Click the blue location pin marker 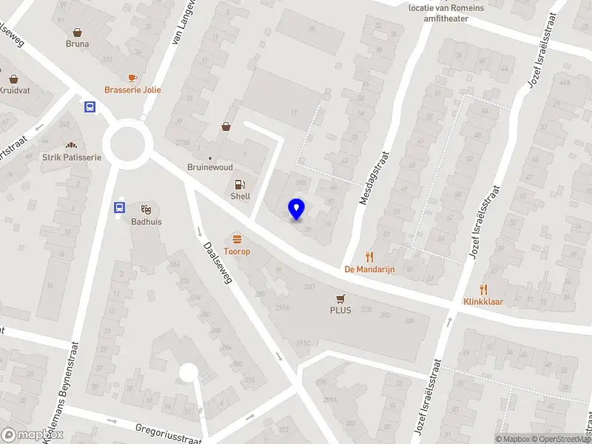296,209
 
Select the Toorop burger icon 238,239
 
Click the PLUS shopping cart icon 340,298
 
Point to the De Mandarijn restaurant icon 369,257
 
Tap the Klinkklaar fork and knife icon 483,289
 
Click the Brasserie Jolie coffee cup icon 132,78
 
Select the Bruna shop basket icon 77,32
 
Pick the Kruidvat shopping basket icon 13,78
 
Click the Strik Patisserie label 71,157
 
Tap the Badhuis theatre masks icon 146,209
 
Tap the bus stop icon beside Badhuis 119,208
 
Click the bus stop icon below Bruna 90,107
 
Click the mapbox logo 21,435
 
